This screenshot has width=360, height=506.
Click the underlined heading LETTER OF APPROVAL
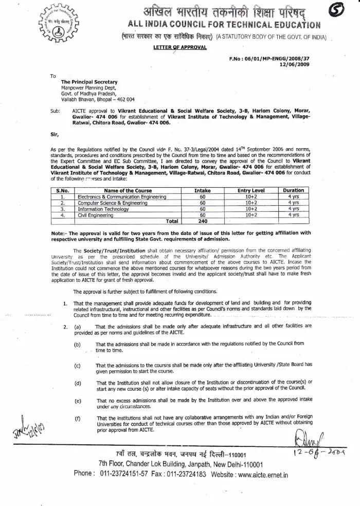pyautogui.click(x=179, y=47)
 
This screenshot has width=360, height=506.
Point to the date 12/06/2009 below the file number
pyautogui.click(x=295, y=65)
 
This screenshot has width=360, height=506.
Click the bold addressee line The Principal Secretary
pyautogui.click(x=89, y=82)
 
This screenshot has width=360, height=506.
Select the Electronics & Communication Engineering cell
pyautogui.click(x=122, y=196)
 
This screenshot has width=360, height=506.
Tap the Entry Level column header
pyautogui.click(x=251, y=190)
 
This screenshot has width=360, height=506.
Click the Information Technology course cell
pyautogui.click(x=104, y=209)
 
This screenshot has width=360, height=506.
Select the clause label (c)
pyautogui.click(x=77, y=365)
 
